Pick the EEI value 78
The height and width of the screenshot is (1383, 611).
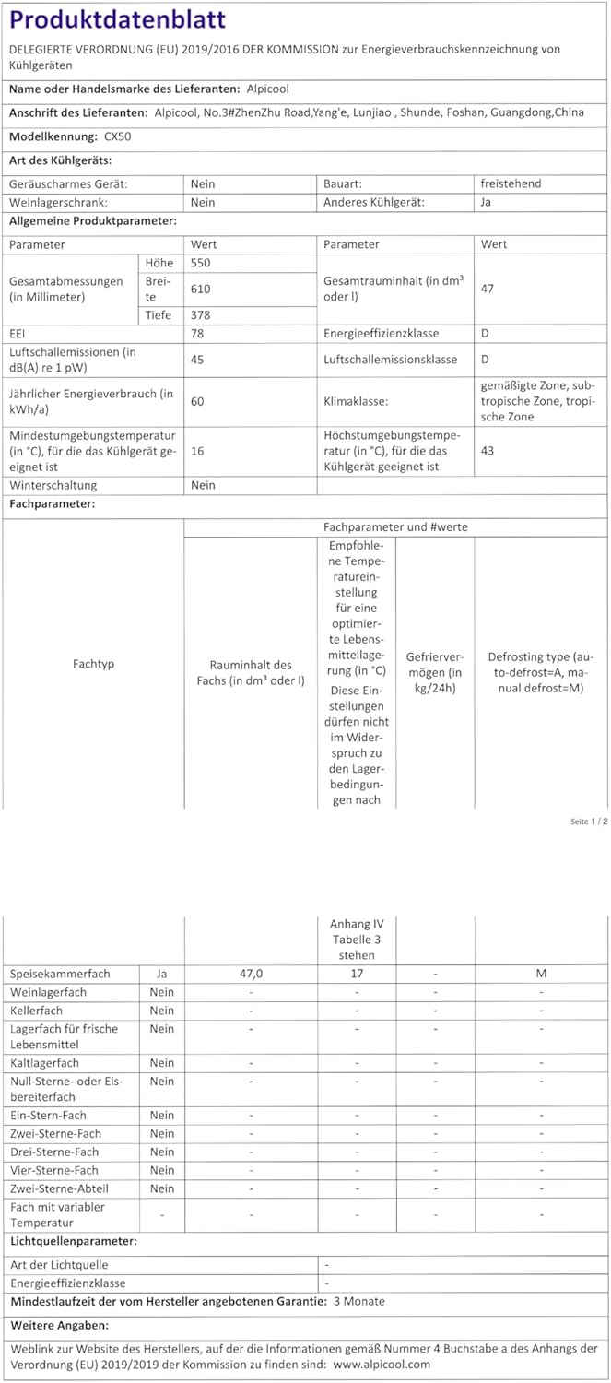click(x=197, y=333)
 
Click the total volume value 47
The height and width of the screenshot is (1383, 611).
click(x=488, y=289)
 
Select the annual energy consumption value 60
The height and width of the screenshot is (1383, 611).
click(x=197, y=402)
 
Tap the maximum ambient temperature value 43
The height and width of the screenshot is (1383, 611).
click(x=488, y=451)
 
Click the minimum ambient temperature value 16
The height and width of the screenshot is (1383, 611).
click(x=196, y=451)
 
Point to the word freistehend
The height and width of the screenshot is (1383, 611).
click(x=511, y=183)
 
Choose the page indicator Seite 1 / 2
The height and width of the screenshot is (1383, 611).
click(x=589, y=822)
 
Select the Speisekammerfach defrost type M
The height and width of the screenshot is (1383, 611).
click(x=541, y=974)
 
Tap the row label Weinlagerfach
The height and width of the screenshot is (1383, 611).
click(x=48, y=992)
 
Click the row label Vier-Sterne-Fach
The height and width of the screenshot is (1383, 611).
click(x=54, y=1170)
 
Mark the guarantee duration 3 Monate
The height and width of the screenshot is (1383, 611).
click(x=358, y=1301)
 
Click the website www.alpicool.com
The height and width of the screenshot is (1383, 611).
click(x=382, y=1365)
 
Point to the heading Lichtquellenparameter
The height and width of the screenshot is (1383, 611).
click(x=73, y=1241)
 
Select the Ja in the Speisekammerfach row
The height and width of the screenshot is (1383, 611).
click(x=161, y=974)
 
